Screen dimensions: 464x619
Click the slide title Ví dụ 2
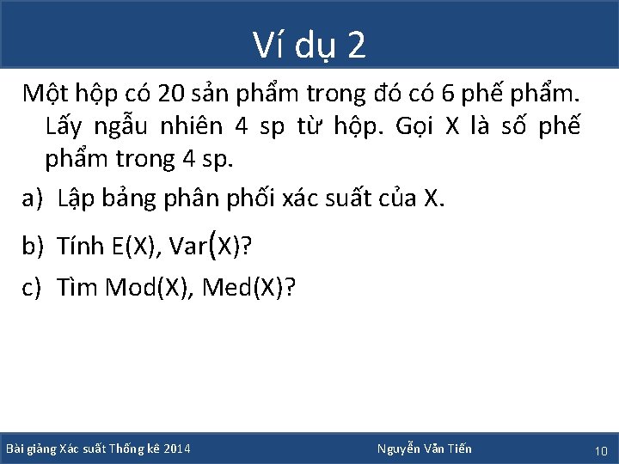[x=309, y=45]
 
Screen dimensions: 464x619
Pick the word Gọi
[x=416, y=126]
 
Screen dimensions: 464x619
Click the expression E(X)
[x=136, y=247]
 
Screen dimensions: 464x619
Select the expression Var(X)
[x=205, y=247]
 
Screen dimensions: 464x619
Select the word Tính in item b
[x=81, y=247]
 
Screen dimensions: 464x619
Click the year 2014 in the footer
[x=176, y=449]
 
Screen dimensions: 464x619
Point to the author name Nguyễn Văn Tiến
[x=425, y=449]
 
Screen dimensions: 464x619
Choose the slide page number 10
[x=601, y=450]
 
